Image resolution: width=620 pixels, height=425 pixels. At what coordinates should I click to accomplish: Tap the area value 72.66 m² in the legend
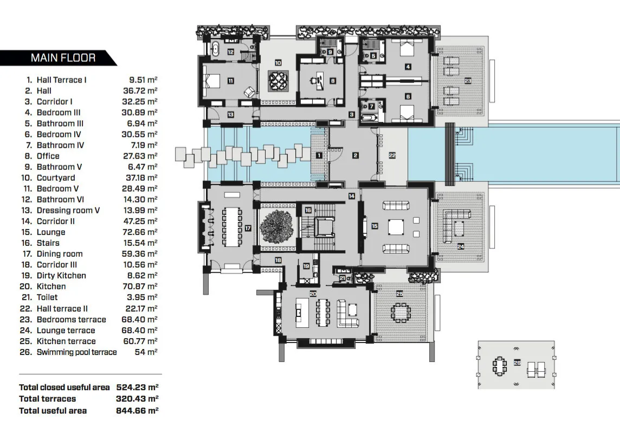click(x=140, y=232)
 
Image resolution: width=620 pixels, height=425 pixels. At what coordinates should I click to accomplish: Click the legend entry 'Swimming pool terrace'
click(x=76, y=352)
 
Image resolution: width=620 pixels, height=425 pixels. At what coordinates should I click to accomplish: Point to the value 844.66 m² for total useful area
click(x=137, y=410)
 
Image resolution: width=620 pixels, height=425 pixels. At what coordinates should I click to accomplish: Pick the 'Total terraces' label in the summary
click(x=47, y=399)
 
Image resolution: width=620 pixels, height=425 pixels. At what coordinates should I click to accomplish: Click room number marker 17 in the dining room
click(x=248, y=229)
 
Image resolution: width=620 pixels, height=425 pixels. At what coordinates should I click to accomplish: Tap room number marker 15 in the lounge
click(x=374, y=225)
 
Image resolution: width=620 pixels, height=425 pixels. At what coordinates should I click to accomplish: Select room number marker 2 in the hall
click(x=356, y=156)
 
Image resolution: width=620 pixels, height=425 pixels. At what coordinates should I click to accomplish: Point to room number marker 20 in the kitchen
click(x=312, y=293)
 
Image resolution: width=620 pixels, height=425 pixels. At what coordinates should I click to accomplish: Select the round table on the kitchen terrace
click(x=401, y=313)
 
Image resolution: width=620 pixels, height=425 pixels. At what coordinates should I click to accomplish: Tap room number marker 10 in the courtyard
click(x=278, y=63)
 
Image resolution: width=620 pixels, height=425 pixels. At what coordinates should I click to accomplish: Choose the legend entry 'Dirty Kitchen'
click(x=61, y=275)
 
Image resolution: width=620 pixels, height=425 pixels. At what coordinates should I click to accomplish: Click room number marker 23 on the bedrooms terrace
click(x=467, y=81)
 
